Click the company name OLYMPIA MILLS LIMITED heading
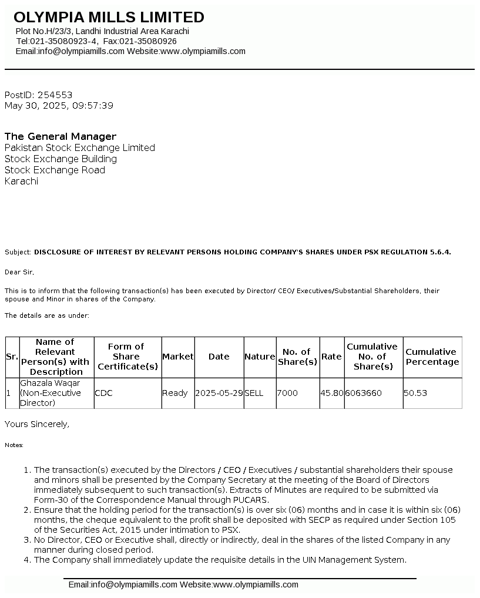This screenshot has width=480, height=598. tap(109, 17)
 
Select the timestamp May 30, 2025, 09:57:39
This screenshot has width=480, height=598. tap(59, 106)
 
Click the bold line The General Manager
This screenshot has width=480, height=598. tap(61, 136)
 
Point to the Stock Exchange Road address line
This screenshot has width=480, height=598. tap(55, 170)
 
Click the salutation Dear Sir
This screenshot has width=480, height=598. tap(19, 272)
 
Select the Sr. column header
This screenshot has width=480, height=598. tap(12, 357)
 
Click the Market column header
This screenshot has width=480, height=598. tap(177, 357)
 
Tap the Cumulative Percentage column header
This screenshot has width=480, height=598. tap(432, 357)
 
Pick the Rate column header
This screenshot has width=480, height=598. tap(331, 357)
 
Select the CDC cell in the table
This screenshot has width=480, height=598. tap(104, 393)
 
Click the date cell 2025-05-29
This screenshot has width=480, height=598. tap(219, 393)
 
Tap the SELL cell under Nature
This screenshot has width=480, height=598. tap(254, 393)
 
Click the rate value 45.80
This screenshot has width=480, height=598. tap(331, 393)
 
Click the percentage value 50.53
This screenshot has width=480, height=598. tap(415, 393)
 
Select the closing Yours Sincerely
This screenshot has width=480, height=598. tap(36, 424)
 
